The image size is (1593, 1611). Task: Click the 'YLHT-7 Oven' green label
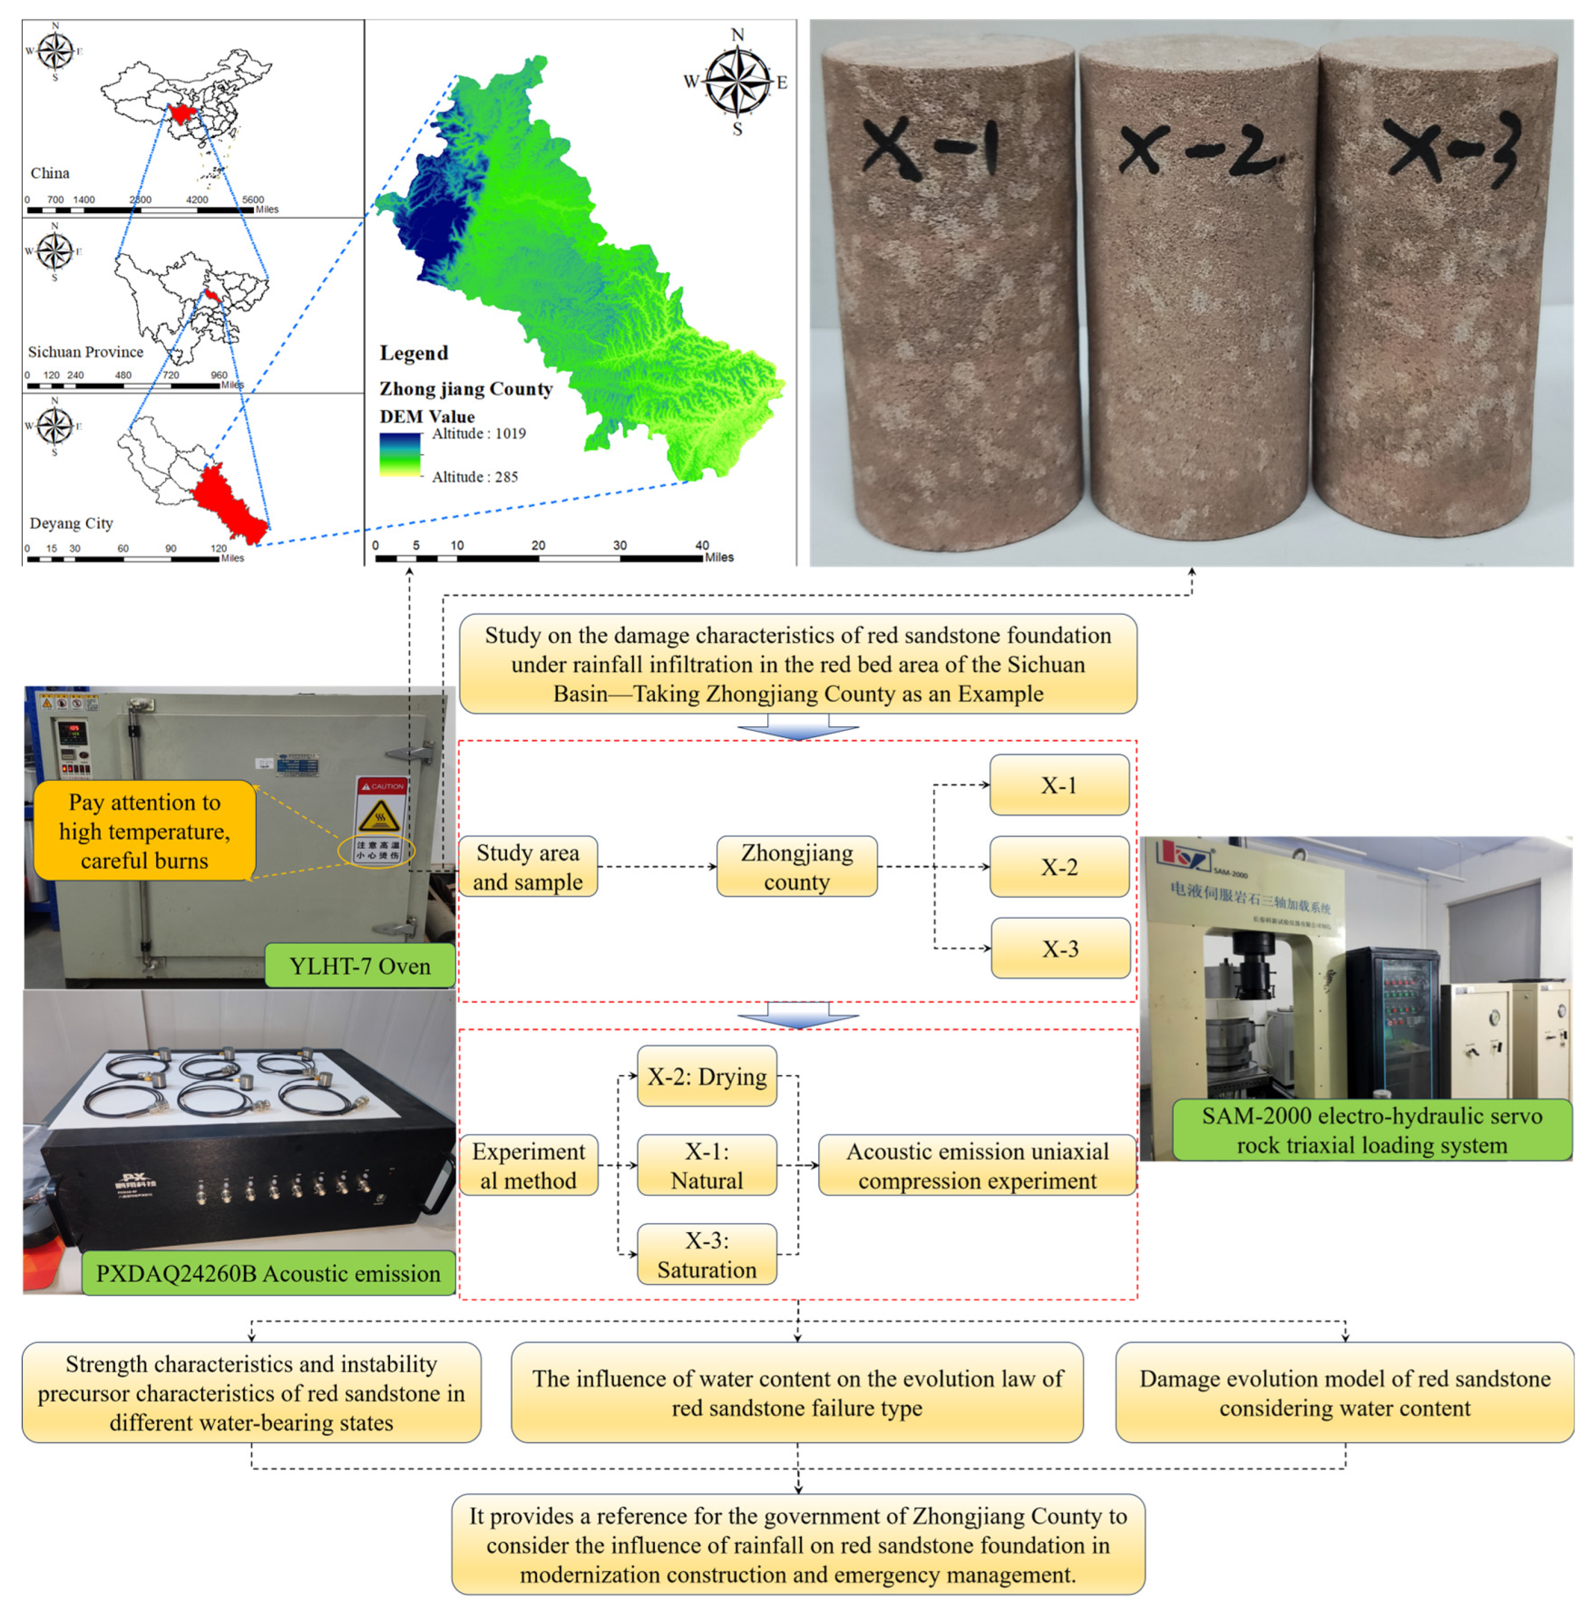coord(359,966)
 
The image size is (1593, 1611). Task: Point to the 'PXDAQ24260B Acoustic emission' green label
coord(268,1273)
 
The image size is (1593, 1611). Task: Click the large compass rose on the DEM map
coord(737,82)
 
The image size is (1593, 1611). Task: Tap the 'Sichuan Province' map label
coord(85,352)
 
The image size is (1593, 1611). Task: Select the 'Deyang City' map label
coord(71,523)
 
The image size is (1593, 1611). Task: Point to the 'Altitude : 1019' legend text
coord(478,434)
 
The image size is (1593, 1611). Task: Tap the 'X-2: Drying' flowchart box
coord(707,1076)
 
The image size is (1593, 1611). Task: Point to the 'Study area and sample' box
coord(528,866)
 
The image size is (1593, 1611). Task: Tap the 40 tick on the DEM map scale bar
coord(702,546)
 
